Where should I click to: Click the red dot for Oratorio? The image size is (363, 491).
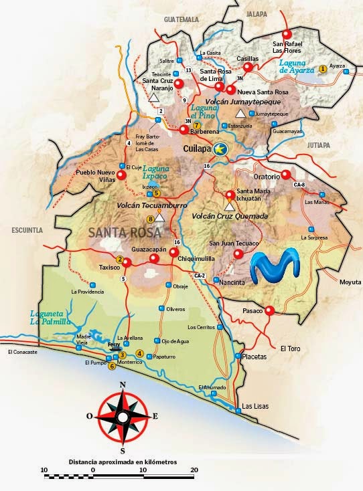point(286,175)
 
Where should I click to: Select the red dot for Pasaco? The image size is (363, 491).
point(269,310)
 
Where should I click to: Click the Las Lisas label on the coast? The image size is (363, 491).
point(255,406)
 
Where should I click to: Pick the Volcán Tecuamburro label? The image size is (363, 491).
point(145,206)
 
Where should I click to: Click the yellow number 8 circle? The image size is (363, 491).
point(151,219)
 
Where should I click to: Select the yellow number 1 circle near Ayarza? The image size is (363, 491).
point(323,68)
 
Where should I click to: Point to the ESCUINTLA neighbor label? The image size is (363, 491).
point(27,229)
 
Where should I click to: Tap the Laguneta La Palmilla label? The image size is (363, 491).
point(51,317)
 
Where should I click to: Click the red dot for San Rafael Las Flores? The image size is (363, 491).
point(288,34)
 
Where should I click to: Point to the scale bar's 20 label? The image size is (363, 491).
point(194,470)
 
